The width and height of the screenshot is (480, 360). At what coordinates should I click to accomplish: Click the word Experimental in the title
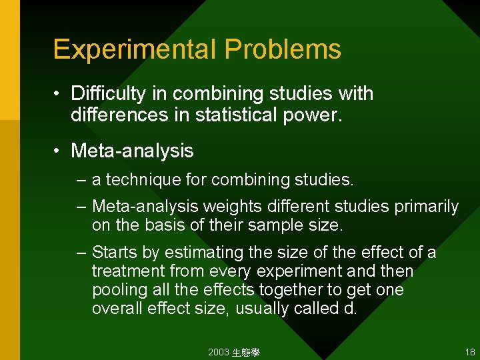pyautogui.click(x=135, y=49)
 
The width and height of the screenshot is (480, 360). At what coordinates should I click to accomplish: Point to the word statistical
pyautogui.click(x=237, y=115)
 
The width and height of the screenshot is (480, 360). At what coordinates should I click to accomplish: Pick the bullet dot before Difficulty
pyautogui.click(x=59, y=93)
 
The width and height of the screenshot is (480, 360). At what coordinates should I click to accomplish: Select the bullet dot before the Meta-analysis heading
pyautogui.click(x=59, y=151)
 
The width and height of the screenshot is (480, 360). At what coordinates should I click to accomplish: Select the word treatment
pyautogui.click(x=128, y=271)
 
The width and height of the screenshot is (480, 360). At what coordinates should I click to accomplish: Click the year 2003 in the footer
pyautogui.click(x=219, y=352)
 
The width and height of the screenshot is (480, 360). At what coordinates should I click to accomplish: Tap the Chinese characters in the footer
pyautogui.click(x=246, y=352)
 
